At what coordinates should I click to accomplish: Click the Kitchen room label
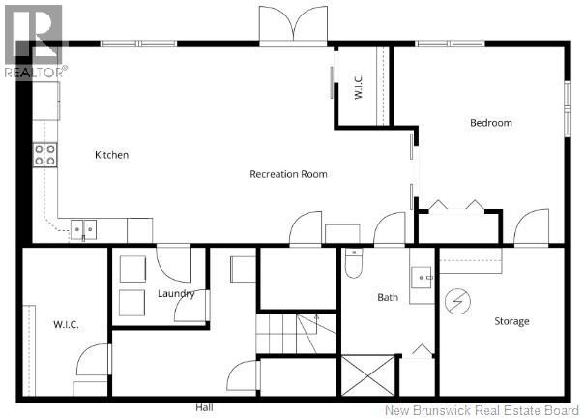[112, 155]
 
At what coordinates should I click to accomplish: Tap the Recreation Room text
[288, 174]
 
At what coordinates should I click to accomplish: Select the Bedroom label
[491, 123]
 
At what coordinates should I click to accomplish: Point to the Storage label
[511, 321]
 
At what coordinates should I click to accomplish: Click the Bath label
[388, 297]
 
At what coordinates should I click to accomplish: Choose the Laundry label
[176, 294]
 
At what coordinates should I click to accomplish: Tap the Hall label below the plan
[204, 407]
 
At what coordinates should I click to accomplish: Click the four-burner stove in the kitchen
[45, 155]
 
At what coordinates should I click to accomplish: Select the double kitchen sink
[84, 230]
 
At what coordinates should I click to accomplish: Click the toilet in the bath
[354, 263]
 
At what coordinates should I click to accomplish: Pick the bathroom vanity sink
[422, 278]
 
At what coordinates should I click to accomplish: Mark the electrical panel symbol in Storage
[457, 301]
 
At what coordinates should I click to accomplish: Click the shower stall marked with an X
[368, 375]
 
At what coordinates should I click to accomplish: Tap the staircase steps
[296, 334]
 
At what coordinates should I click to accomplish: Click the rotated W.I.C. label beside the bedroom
[359, 86]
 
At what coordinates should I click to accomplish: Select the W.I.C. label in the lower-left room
[66, 324]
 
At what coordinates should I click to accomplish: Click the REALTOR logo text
[36, 72]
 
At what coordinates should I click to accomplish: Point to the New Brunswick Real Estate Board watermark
[482, 410]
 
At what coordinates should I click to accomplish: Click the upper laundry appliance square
[132, 269]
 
